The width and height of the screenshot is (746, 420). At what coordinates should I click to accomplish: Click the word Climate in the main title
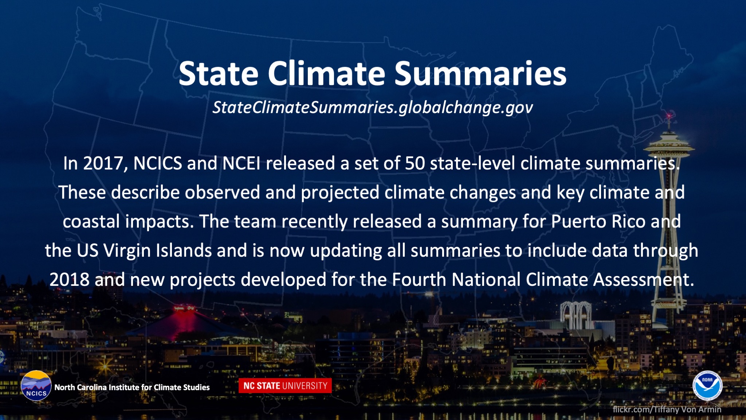326,74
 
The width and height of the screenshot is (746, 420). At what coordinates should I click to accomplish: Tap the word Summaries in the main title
480,74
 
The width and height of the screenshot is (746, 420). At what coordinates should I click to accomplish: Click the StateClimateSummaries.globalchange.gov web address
373,108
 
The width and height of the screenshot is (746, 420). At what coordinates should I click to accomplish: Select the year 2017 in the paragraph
103,163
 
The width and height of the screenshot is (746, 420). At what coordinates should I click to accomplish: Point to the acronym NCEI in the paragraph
241,163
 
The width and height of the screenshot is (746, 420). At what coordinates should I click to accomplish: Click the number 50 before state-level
415,163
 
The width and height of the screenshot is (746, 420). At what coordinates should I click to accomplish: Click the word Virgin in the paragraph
127,251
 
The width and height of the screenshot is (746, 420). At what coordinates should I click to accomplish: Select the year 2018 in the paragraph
70,280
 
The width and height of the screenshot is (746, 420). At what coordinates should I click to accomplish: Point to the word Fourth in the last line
419,280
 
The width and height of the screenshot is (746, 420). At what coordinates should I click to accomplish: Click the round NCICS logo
36,386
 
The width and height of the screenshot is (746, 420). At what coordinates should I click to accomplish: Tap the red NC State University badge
285,386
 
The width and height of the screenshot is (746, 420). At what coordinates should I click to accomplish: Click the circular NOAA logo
707,386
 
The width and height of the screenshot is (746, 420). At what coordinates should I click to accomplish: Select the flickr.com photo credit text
667,409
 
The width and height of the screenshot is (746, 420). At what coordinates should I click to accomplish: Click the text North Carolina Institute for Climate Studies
132,387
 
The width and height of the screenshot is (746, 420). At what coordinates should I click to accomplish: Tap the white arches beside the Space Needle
576,314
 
